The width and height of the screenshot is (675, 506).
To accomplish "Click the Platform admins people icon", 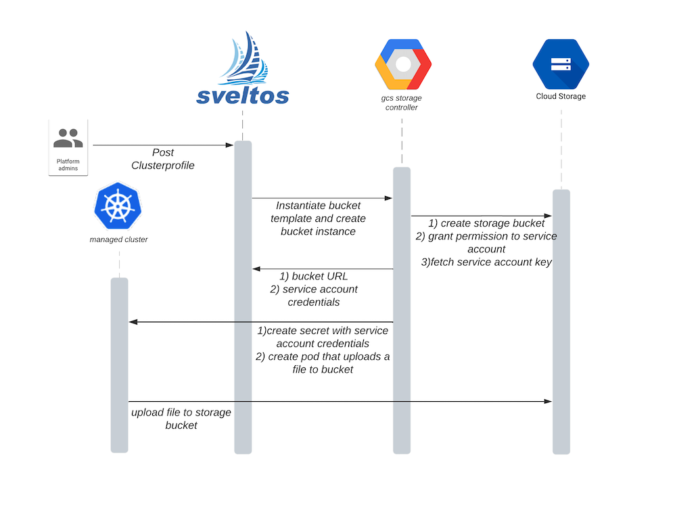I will pyautogui.click(x=68, y=138).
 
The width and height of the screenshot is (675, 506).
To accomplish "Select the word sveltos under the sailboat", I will pyautogui.click(x=243, y=96).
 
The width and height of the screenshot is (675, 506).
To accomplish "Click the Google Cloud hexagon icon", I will pyautogui.click(x=402, y=64).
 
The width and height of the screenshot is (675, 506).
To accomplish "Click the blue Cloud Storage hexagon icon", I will pyautogui.click(x=561, y=64).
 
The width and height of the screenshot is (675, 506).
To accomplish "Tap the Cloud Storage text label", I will pyautogui.click(x=561, y=96).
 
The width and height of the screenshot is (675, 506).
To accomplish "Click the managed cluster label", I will pyautogui.click(x=118, y=239).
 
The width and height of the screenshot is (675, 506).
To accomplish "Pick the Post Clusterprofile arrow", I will pyautogui.click(x=162, y=145).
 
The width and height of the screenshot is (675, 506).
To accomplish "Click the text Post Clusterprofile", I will pyautogui.click(x=163, y=159).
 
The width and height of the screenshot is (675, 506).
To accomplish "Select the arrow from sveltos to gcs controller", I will pyautogui.click(x=322, y=198).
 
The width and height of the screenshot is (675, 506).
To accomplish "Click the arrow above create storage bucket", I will pyautogui.click(x=482, y=216).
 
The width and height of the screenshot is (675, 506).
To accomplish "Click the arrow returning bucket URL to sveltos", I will pyautogui.click(x=322, y=269).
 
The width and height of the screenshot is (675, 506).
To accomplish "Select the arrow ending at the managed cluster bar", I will pyautogui.click(x=260, y=322).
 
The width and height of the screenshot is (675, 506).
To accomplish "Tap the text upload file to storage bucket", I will pyautogui.click(x=181, y=419).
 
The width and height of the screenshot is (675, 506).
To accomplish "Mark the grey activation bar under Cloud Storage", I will pyautogui.click(x=561, y=321).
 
